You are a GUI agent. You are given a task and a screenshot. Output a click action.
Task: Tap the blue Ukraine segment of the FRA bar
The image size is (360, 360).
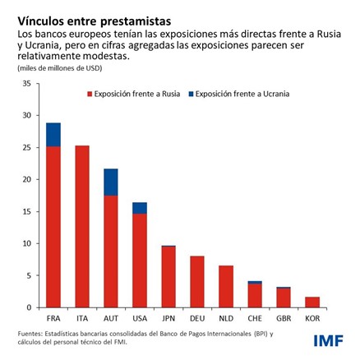(53, 135)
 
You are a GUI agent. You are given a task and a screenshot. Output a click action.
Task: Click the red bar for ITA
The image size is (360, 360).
(82, 226)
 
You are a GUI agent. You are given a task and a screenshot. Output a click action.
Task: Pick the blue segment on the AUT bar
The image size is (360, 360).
(111, 182)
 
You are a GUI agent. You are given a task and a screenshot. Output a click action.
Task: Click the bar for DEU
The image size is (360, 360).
(197, 282)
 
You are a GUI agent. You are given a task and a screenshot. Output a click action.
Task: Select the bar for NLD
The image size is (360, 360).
(226, 287)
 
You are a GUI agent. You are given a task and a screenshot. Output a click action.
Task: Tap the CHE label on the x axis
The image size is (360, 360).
(255, 316)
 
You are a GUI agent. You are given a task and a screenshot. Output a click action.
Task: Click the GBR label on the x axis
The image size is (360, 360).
(284, 316)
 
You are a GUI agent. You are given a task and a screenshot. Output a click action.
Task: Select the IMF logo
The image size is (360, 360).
(328, 339)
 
